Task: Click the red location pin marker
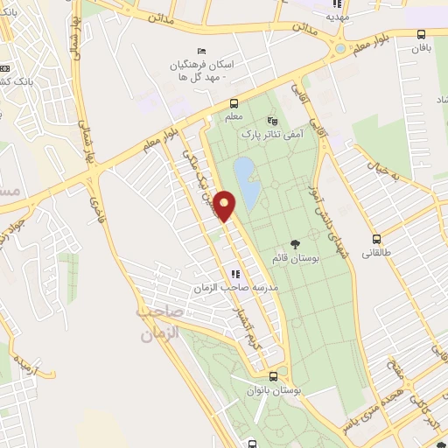pyautogui.click(x=225, y=206)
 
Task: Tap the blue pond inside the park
pyautogui.click(x=246, y=183)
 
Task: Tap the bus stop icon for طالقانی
pyautogui.click(x=377, y=239)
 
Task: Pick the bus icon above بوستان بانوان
pyautogui.click(x=273, y=376)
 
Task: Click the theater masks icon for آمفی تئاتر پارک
pyautogui.click(x=272, y=122)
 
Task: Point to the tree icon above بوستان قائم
pyautogui.click(x=295, y=244)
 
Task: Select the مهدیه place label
pyautogui.click(x=338, y=16)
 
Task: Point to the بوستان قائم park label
pyautogui.click(x=293, y=258)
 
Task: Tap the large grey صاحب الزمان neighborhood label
pyautogui.click(x=159, y=322)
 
